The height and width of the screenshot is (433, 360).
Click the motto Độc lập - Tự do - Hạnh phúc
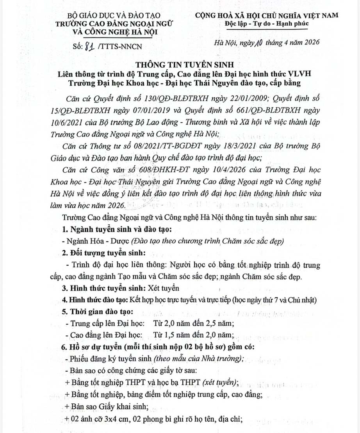(x=267, y=24)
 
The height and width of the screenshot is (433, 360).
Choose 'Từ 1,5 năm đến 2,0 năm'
(x=194, y=335)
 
